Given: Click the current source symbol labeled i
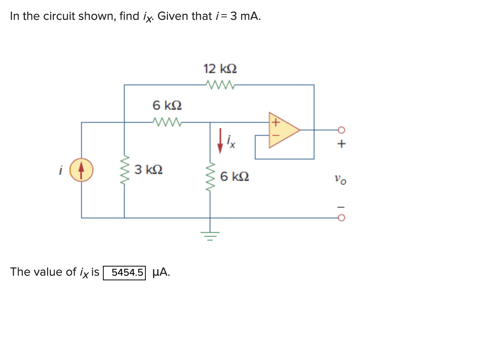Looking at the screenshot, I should pos(81,170).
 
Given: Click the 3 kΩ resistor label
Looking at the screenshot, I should pos(148,169).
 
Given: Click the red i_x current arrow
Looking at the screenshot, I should pos(220,141).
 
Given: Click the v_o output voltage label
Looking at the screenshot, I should pos(340,179).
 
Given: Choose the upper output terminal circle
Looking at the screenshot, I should pos(342,130).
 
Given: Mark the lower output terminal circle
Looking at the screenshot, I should pos(342,218).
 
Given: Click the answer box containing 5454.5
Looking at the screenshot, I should pos(124,273).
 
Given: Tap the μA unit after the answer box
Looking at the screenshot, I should pos(161,272).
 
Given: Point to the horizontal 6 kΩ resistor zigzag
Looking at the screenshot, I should pos(167,122).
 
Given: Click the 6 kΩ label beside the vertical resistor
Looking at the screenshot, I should pos(235,177).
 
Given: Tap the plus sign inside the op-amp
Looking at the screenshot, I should pos(274,123).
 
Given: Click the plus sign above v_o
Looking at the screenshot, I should pos(342,144).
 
